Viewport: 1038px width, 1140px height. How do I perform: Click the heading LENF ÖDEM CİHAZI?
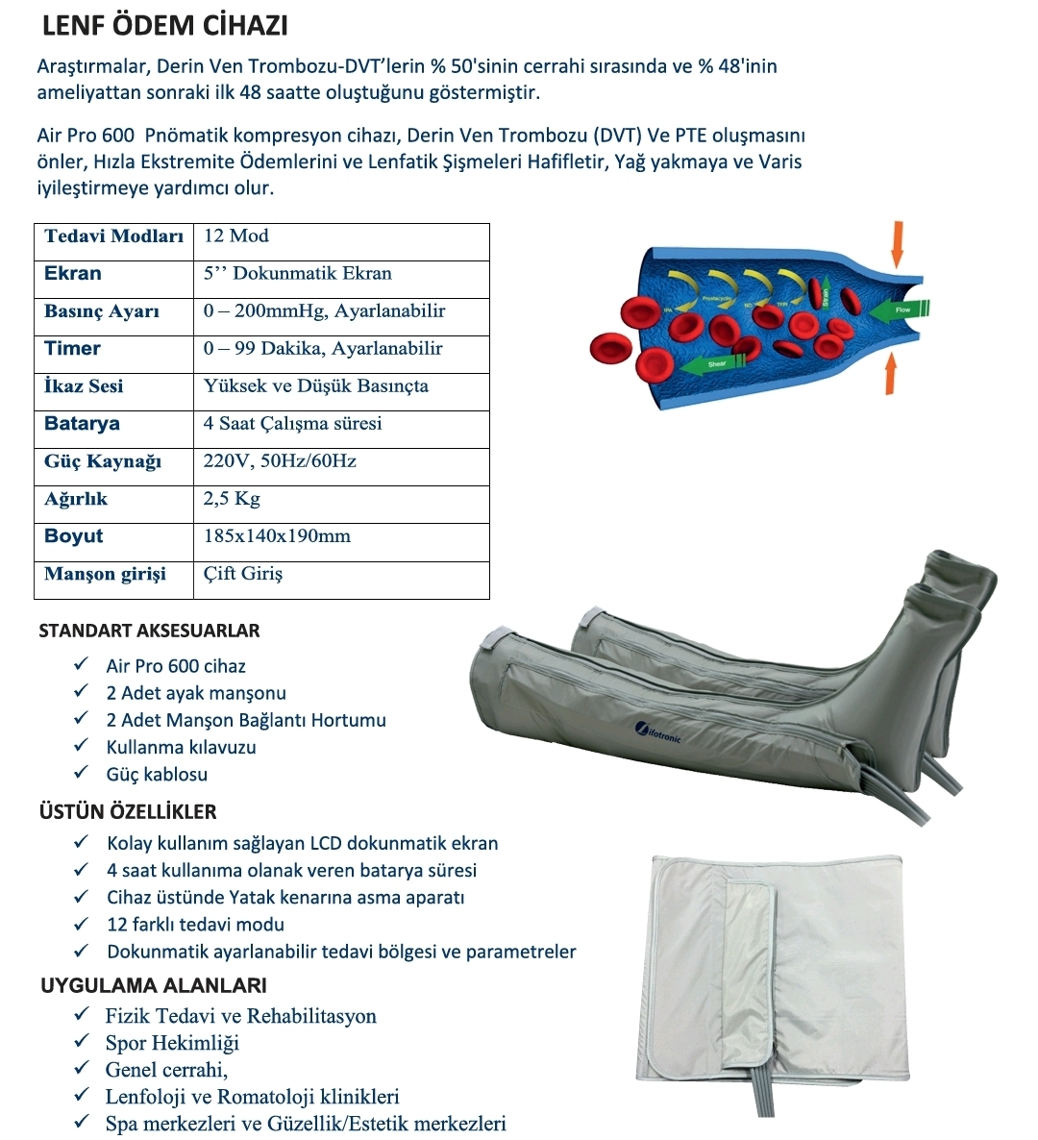165,26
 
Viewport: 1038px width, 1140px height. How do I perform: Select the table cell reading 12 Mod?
236,236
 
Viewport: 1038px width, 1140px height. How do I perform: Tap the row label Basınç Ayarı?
102,311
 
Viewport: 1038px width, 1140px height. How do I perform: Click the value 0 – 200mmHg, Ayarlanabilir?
324,311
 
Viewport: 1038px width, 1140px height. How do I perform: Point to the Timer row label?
72,349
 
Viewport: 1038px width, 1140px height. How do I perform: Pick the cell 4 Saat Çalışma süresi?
292,424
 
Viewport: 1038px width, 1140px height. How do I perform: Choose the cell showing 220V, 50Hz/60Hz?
280,461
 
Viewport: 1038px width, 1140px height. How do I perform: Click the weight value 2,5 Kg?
232,499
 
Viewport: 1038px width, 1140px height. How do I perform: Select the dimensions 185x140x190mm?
277,536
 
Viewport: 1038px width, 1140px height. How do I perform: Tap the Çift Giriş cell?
243,574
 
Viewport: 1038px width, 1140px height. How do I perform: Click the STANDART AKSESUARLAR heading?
149,632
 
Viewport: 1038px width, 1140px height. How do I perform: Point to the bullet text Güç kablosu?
157,774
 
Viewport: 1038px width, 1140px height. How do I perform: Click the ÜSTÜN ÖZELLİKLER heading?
128,811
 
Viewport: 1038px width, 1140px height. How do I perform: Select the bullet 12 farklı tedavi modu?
195,925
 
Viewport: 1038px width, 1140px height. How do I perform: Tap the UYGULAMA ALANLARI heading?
154,985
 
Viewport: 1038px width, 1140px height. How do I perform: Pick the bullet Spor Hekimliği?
172,1043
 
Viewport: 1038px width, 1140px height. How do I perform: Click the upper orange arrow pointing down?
897,244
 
